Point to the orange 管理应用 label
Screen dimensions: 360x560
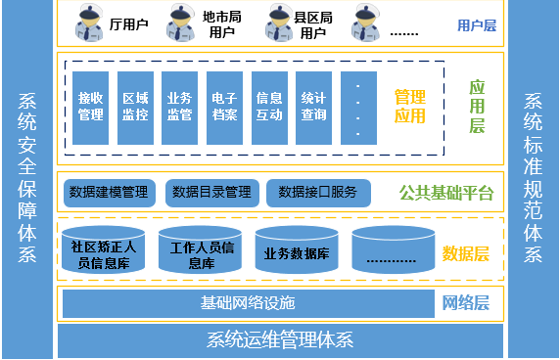tap(409, 107)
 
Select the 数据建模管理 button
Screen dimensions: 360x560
tap(110, 192)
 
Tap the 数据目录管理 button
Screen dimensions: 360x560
tap(210, 192)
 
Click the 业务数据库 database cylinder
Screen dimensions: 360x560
tap(297, 252)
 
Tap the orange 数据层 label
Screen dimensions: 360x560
tap(465, 253)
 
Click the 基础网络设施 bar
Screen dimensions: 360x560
tap(247, 303)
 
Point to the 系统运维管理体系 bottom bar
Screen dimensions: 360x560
tap(280, 341)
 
